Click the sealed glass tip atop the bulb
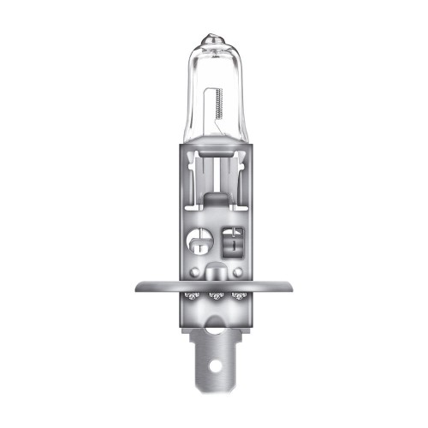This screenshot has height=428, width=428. (x=212, y=40)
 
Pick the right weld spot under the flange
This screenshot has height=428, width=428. (x=240, y=296)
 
